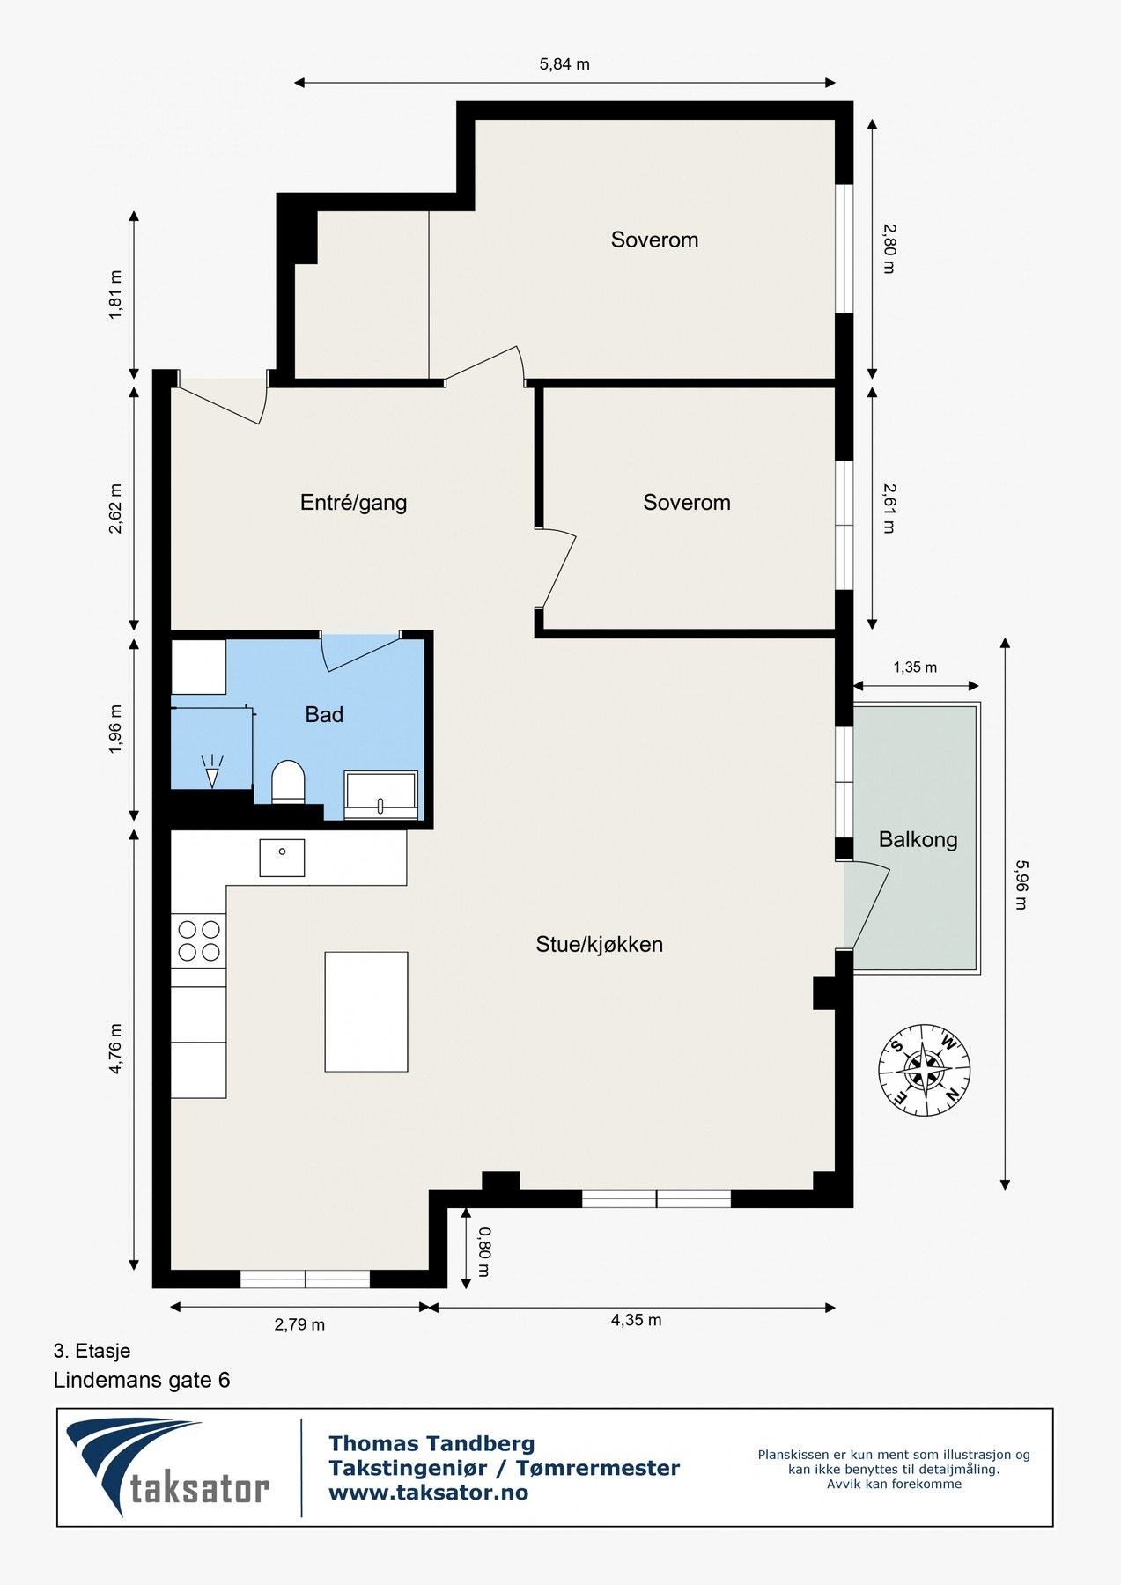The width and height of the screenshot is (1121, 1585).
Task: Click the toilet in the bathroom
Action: [288, 782]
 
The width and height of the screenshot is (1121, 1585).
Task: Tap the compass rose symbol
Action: [924, 1071]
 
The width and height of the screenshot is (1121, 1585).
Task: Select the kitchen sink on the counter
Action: [282, 857]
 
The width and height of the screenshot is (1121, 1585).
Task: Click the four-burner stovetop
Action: [199, 940]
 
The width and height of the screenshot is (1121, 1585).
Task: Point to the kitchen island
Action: [366, 1011]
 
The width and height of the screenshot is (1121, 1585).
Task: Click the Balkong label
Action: [918, 839]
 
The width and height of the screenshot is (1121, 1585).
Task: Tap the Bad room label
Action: [324, 714]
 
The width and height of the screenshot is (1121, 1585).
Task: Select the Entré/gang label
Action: [353, 503]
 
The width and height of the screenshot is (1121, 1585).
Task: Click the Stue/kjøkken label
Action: [599, 944]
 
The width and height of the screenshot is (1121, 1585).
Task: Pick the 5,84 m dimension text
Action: [564, 64]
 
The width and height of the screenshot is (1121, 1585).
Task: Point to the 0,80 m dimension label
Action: [483, 1252]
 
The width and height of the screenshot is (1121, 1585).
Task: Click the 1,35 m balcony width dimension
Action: [915, 667]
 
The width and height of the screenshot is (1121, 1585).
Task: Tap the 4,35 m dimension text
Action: [636, 1320]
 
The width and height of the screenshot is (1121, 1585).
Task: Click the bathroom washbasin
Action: [381, 795]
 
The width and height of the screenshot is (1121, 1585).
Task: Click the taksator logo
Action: [168, 1466]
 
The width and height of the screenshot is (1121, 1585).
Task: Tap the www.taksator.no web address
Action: [428, 1493]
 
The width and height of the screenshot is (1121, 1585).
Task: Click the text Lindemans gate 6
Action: [142, 1380]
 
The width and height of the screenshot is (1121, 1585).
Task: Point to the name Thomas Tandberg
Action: [431, 1443]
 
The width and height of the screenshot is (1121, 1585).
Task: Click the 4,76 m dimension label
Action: [116, 1049]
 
